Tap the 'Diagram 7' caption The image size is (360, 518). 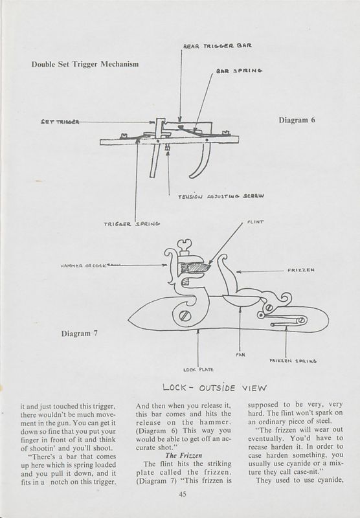82,333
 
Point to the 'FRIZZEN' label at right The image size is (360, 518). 301,271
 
